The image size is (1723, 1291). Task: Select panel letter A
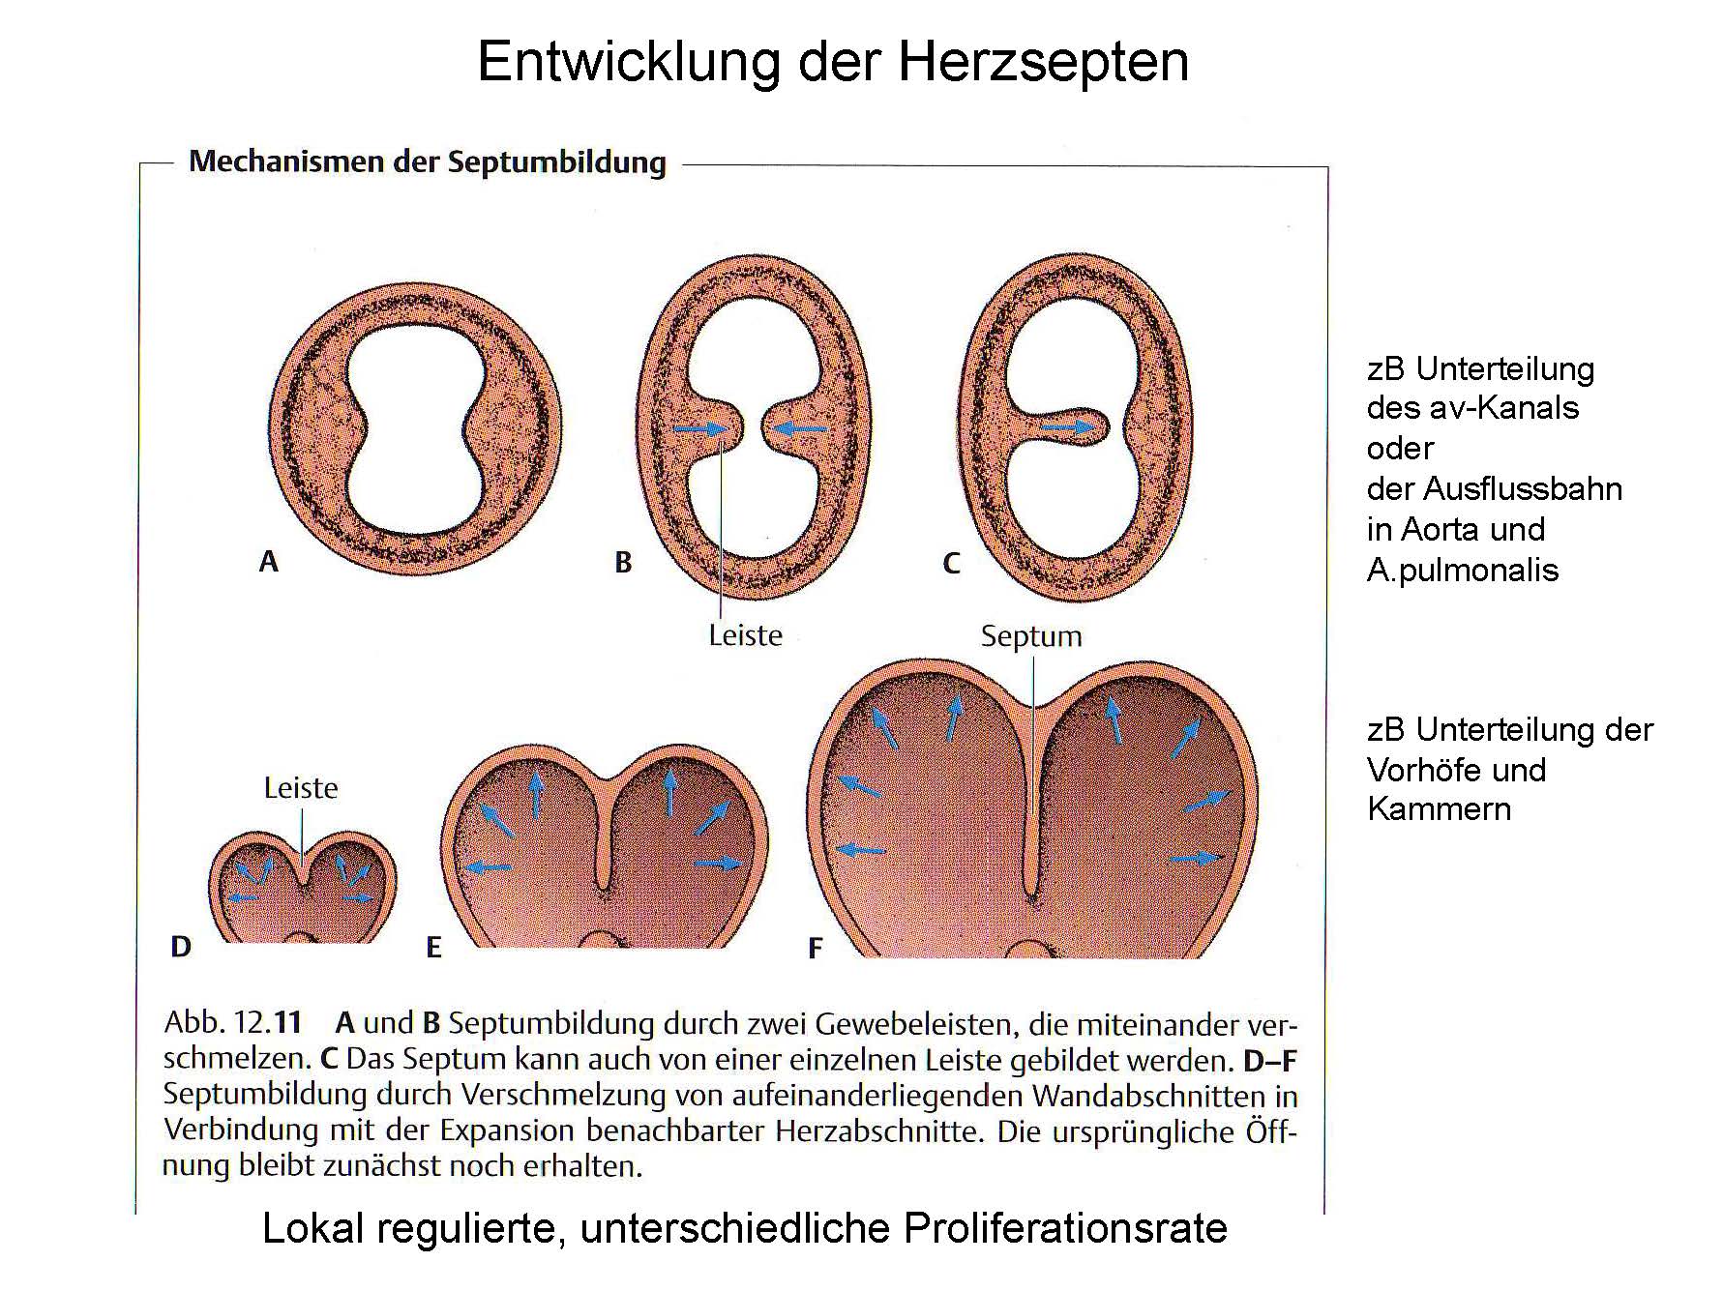click(x=268, y=561)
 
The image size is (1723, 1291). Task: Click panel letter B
click(x=623, y=562)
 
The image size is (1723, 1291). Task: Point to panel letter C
click(x=952, y=563)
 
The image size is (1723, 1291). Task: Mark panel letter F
click(x=816, y=949)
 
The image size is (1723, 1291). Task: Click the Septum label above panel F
click(x=1031, y=637)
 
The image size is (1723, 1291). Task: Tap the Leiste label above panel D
click(x=301, y=788)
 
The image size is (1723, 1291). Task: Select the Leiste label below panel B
click(x=745, y=635)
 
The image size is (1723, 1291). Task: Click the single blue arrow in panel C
click(x=1074, y=425)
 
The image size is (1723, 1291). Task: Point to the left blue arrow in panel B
click(x=698, y=429)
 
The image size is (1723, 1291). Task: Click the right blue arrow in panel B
click(x=801, y=428)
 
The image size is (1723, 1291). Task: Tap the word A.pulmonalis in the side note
click(x=1463, y=571)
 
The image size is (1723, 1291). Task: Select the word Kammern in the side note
click(x=1440, y=808)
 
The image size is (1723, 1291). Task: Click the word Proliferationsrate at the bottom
click(x=1066, y=1228)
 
